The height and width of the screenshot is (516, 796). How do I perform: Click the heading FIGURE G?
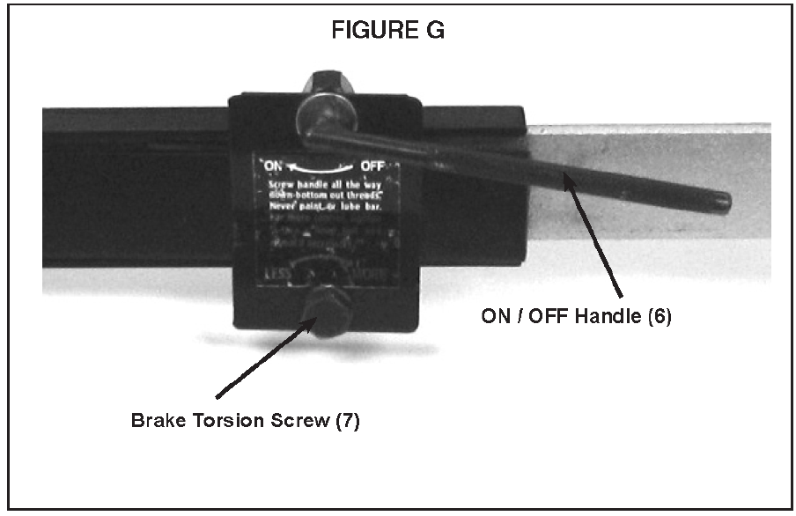coord(387,31)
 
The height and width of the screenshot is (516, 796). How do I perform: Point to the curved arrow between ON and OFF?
coord(321,165)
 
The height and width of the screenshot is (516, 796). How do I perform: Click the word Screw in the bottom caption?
coord(296,421)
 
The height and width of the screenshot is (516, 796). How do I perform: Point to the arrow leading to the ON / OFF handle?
coord(595,238)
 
